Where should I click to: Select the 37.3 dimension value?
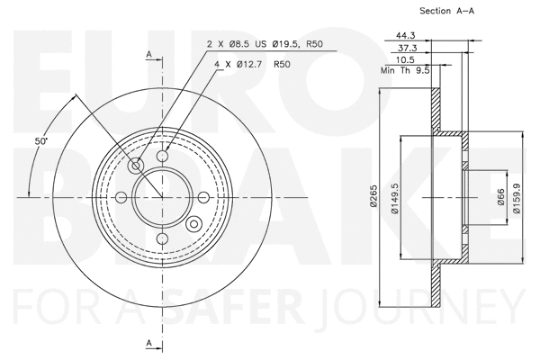(x=407, y=47)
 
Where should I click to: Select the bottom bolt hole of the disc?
(x=162, y=238)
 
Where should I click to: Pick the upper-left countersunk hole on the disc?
(x=137, y=166)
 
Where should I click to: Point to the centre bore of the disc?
(x=162, y=198)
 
